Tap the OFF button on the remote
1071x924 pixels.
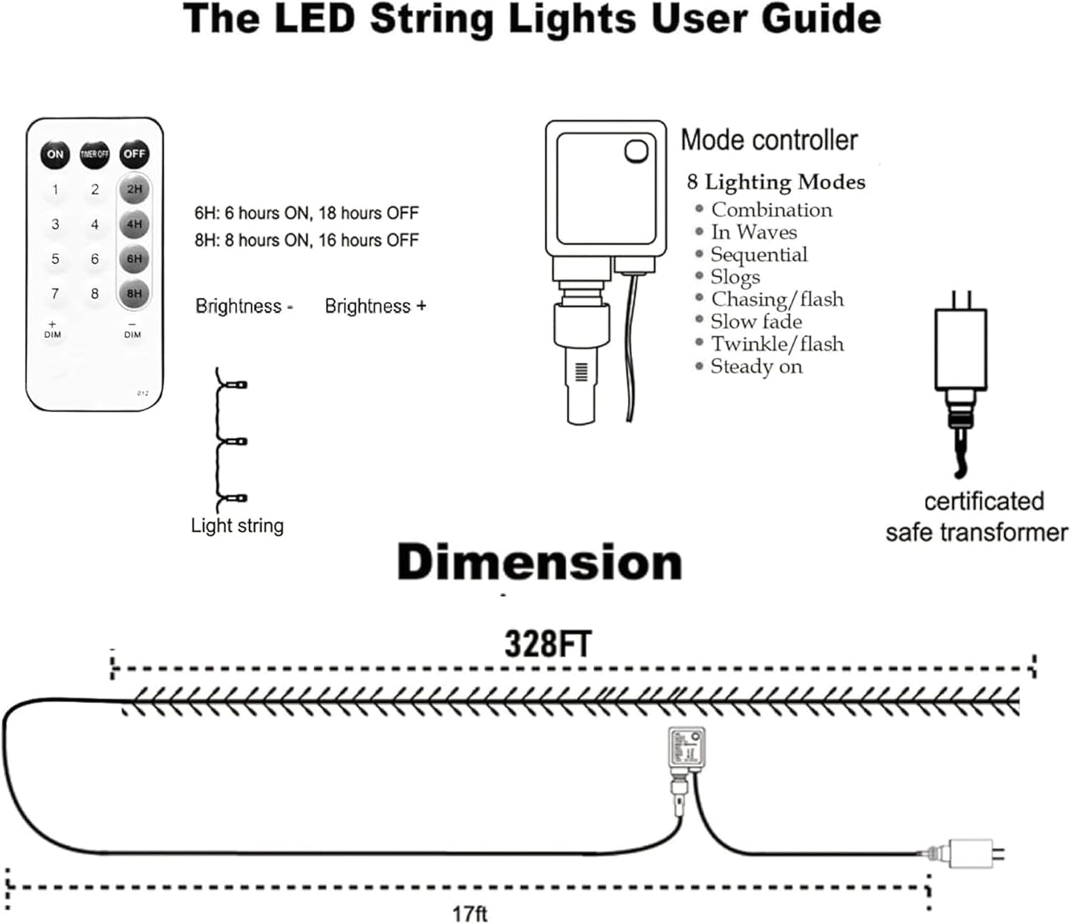point(134,154)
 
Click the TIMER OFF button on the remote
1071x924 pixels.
point(95,154)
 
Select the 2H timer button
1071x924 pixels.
point(134,189)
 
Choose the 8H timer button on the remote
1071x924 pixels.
point(134,294)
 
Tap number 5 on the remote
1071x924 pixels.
point(55,259)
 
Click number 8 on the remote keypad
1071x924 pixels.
point(95,294)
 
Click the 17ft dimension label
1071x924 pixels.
point(470,913)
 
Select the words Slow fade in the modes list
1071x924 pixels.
point(756,322)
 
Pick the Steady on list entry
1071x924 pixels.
point(756,366)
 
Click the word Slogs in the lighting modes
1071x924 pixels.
point(735,277)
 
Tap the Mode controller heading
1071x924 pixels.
point(769,140)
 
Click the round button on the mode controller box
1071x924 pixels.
point(636,151)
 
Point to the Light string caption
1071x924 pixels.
point(237,526)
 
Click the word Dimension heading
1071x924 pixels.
point(540,563)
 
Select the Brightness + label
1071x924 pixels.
point(375,306)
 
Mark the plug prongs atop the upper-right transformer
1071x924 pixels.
point(960,299)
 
